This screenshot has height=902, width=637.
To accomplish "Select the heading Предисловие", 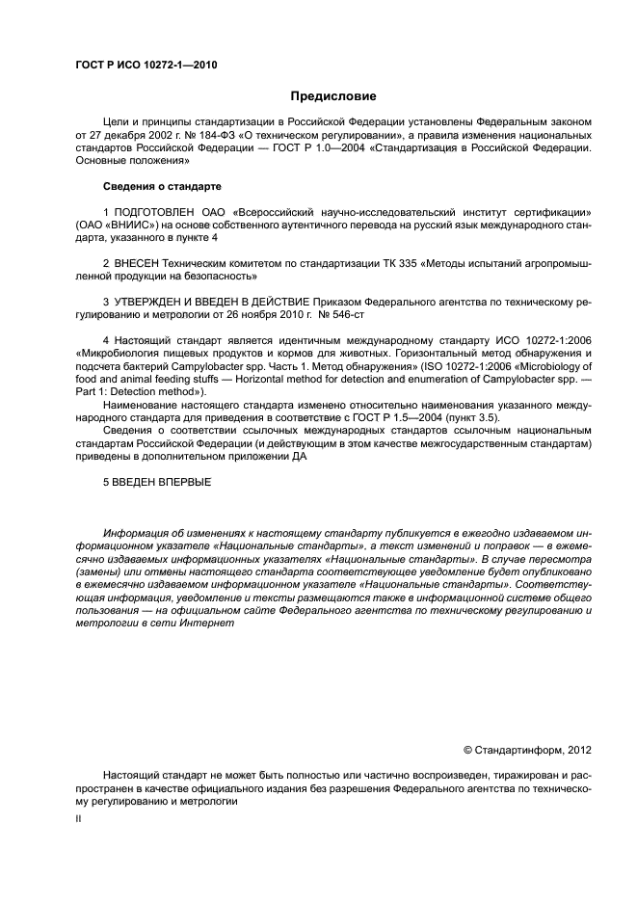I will click(333, 96).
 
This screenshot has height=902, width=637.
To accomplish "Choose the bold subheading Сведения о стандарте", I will click(162, 185).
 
